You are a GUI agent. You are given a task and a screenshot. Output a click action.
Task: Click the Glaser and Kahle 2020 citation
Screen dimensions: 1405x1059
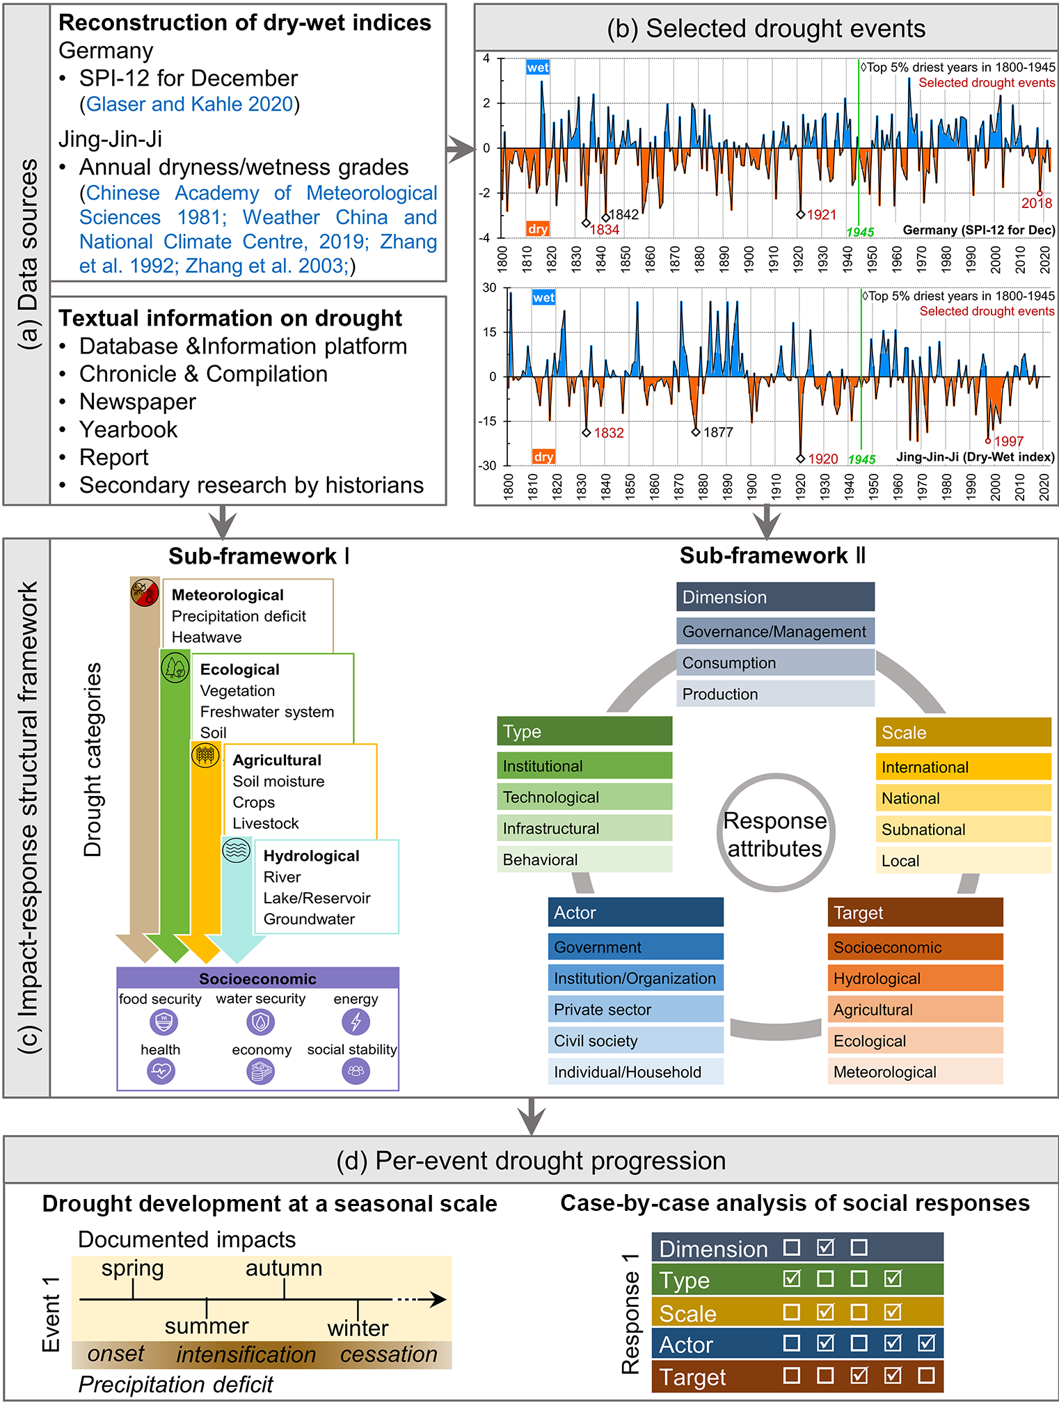189,104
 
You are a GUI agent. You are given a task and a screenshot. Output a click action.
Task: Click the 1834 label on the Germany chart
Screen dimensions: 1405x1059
604,230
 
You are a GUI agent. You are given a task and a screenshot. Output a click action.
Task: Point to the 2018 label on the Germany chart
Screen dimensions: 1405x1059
1036,203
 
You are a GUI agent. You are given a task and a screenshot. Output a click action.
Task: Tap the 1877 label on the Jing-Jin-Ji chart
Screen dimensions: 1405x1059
718,432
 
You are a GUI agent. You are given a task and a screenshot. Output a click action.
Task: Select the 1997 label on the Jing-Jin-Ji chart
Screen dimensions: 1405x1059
1008,441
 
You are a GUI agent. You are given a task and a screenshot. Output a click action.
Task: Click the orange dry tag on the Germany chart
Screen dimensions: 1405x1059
538,229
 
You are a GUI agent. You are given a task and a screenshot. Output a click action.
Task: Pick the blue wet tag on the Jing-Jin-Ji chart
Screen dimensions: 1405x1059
543,298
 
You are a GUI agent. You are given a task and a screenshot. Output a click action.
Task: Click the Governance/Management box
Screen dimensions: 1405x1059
774,631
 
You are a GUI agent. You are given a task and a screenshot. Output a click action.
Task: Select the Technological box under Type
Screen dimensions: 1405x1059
584,797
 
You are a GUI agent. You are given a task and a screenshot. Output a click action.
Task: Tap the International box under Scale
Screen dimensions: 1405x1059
963,767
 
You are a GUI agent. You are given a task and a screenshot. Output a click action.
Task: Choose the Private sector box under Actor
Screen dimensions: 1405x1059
635,1009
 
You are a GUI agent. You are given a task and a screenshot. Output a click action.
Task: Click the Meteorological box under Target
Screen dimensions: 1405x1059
915,1072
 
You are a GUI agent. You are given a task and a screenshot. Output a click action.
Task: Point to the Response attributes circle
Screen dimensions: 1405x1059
775,833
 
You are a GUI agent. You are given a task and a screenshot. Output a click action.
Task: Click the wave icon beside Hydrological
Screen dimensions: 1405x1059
237,850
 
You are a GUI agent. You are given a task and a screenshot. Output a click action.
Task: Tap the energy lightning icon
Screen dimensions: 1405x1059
356,1022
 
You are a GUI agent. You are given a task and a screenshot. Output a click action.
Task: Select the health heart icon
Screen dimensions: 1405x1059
161,1071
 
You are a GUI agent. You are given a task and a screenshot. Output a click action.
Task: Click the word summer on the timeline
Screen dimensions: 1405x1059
207,1326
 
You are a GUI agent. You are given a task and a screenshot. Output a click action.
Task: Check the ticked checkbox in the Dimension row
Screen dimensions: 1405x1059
825,1247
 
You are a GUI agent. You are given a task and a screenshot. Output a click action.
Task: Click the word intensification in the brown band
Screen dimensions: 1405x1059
246,1354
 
